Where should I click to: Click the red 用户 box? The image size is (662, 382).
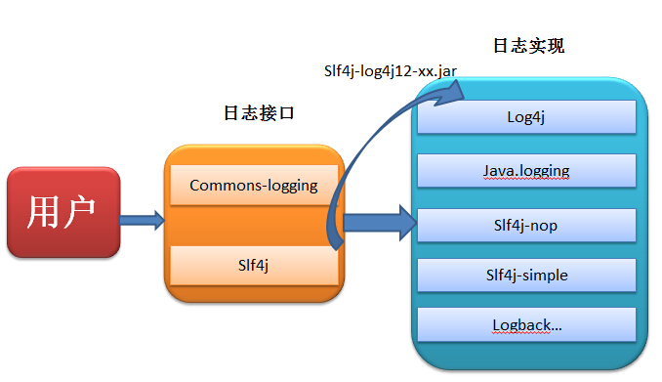63,212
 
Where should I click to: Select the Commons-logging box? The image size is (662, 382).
254,186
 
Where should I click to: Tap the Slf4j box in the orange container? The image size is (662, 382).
254,265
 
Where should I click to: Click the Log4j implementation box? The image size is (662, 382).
526,117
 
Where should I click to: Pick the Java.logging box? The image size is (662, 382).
526,171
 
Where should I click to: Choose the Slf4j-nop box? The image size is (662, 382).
526,226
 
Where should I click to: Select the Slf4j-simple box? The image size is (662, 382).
526,275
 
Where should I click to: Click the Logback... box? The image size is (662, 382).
526,324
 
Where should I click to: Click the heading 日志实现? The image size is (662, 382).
528,46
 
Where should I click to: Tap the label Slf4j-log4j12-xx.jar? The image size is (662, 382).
389,71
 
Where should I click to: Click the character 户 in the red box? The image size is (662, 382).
82,212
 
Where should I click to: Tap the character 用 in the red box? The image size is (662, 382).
46,212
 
